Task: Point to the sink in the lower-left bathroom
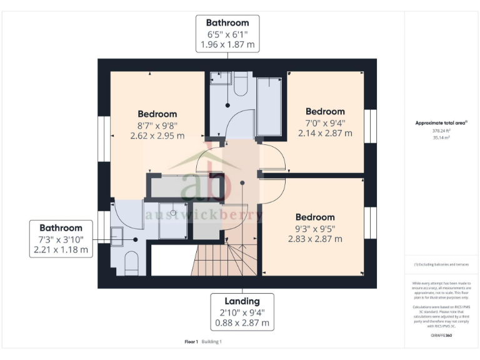(117, 234)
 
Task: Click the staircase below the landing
(225, 259)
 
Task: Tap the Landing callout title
(242, 301)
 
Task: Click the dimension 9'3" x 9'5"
(315, 228)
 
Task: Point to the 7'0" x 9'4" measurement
(325, 122)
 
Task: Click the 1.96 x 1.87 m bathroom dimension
(227, 45)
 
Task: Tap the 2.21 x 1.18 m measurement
(61, 249)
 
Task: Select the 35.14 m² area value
(441, 137)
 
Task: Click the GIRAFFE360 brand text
(441, 336)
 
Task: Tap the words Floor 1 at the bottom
(191, 342)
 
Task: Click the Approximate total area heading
(441, 123)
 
